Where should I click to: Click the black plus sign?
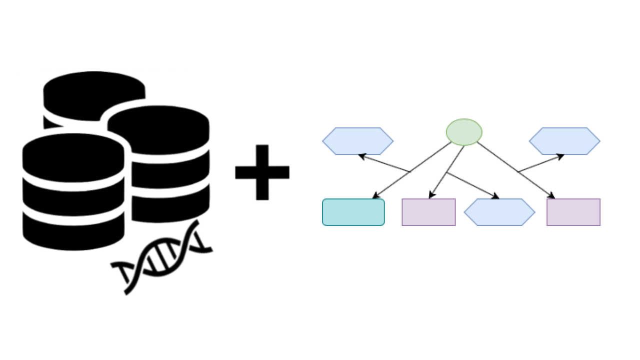(262, 172)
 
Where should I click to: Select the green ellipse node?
(464, 132)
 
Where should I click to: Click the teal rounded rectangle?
(353, 212)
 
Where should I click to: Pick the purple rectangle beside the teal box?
(428, 212)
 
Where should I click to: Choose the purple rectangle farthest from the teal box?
(573, 212)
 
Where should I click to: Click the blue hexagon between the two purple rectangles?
(499, 212)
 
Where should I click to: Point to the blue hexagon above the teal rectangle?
(358, 141)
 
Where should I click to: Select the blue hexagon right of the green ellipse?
(564, 141)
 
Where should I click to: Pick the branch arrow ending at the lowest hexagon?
(472, 185)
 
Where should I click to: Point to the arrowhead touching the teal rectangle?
(376, 196)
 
